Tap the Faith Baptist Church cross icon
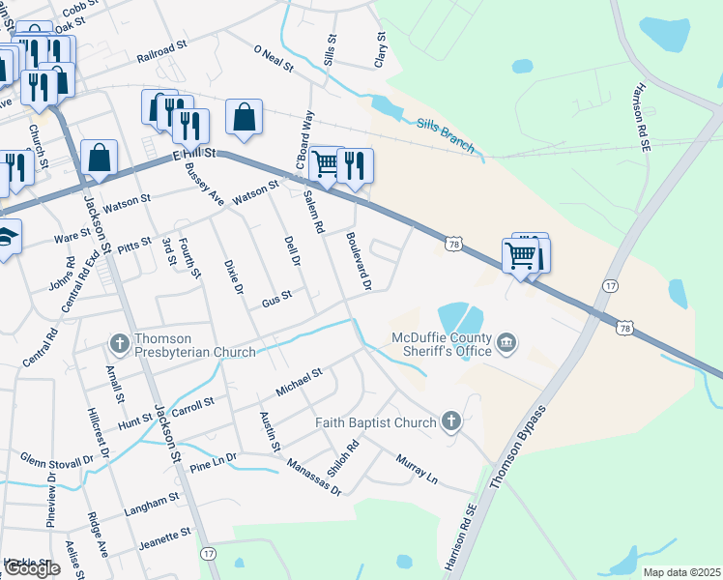[449, 421]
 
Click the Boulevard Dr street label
[359, 258]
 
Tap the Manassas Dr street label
[314, 478]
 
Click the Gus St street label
[276, 300]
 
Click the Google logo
[32, 568]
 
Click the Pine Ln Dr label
[214, 461]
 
